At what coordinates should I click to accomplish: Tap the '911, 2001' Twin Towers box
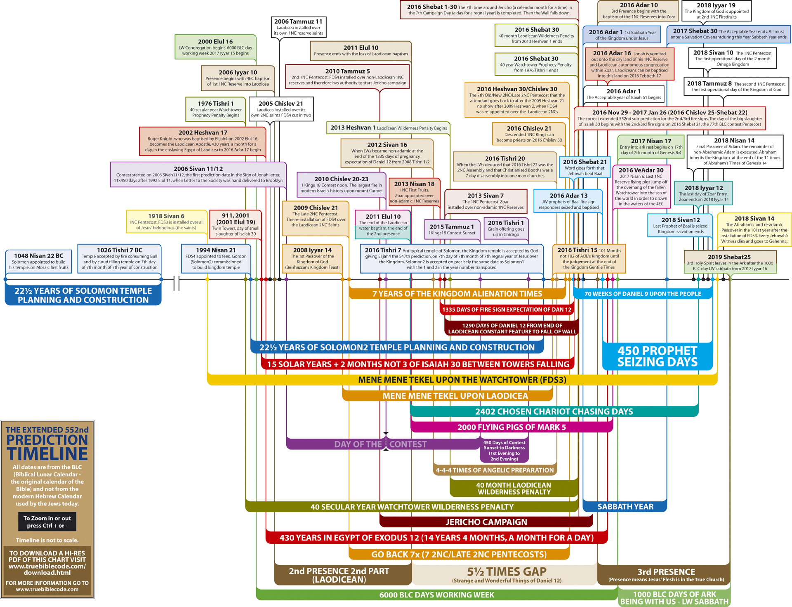tap(236, 224)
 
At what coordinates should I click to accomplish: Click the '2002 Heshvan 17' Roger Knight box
tap(203, 141)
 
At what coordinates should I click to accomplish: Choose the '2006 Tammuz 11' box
tap(298, 27)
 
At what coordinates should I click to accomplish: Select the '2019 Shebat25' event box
tap(730, 262)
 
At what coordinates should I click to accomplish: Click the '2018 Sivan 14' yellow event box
tap(754, 229)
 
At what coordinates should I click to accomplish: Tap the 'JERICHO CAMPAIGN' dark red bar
tap(486, 522)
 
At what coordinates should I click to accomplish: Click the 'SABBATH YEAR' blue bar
tap(625, 506)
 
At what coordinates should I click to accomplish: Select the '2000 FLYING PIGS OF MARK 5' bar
tap(511, 427)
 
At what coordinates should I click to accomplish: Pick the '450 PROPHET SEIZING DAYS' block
tap(657, 356)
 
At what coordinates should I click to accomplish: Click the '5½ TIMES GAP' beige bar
tap(506, 574)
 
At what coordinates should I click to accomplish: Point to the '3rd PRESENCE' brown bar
tap(666, 574)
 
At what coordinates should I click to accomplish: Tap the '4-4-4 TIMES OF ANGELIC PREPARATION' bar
tap(495, 470)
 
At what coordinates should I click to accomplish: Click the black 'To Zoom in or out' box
tap(47, 522)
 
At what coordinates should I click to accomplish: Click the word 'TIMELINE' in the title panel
tap(47, 453)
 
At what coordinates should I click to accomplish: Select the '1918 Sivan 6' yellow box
tap(166, 221)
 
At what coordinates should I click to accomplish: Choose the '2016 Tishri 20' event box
tap(504, 167)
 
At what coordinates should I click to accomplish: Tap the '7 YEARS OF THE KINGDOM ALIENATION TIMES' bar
tap(457, 294)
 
